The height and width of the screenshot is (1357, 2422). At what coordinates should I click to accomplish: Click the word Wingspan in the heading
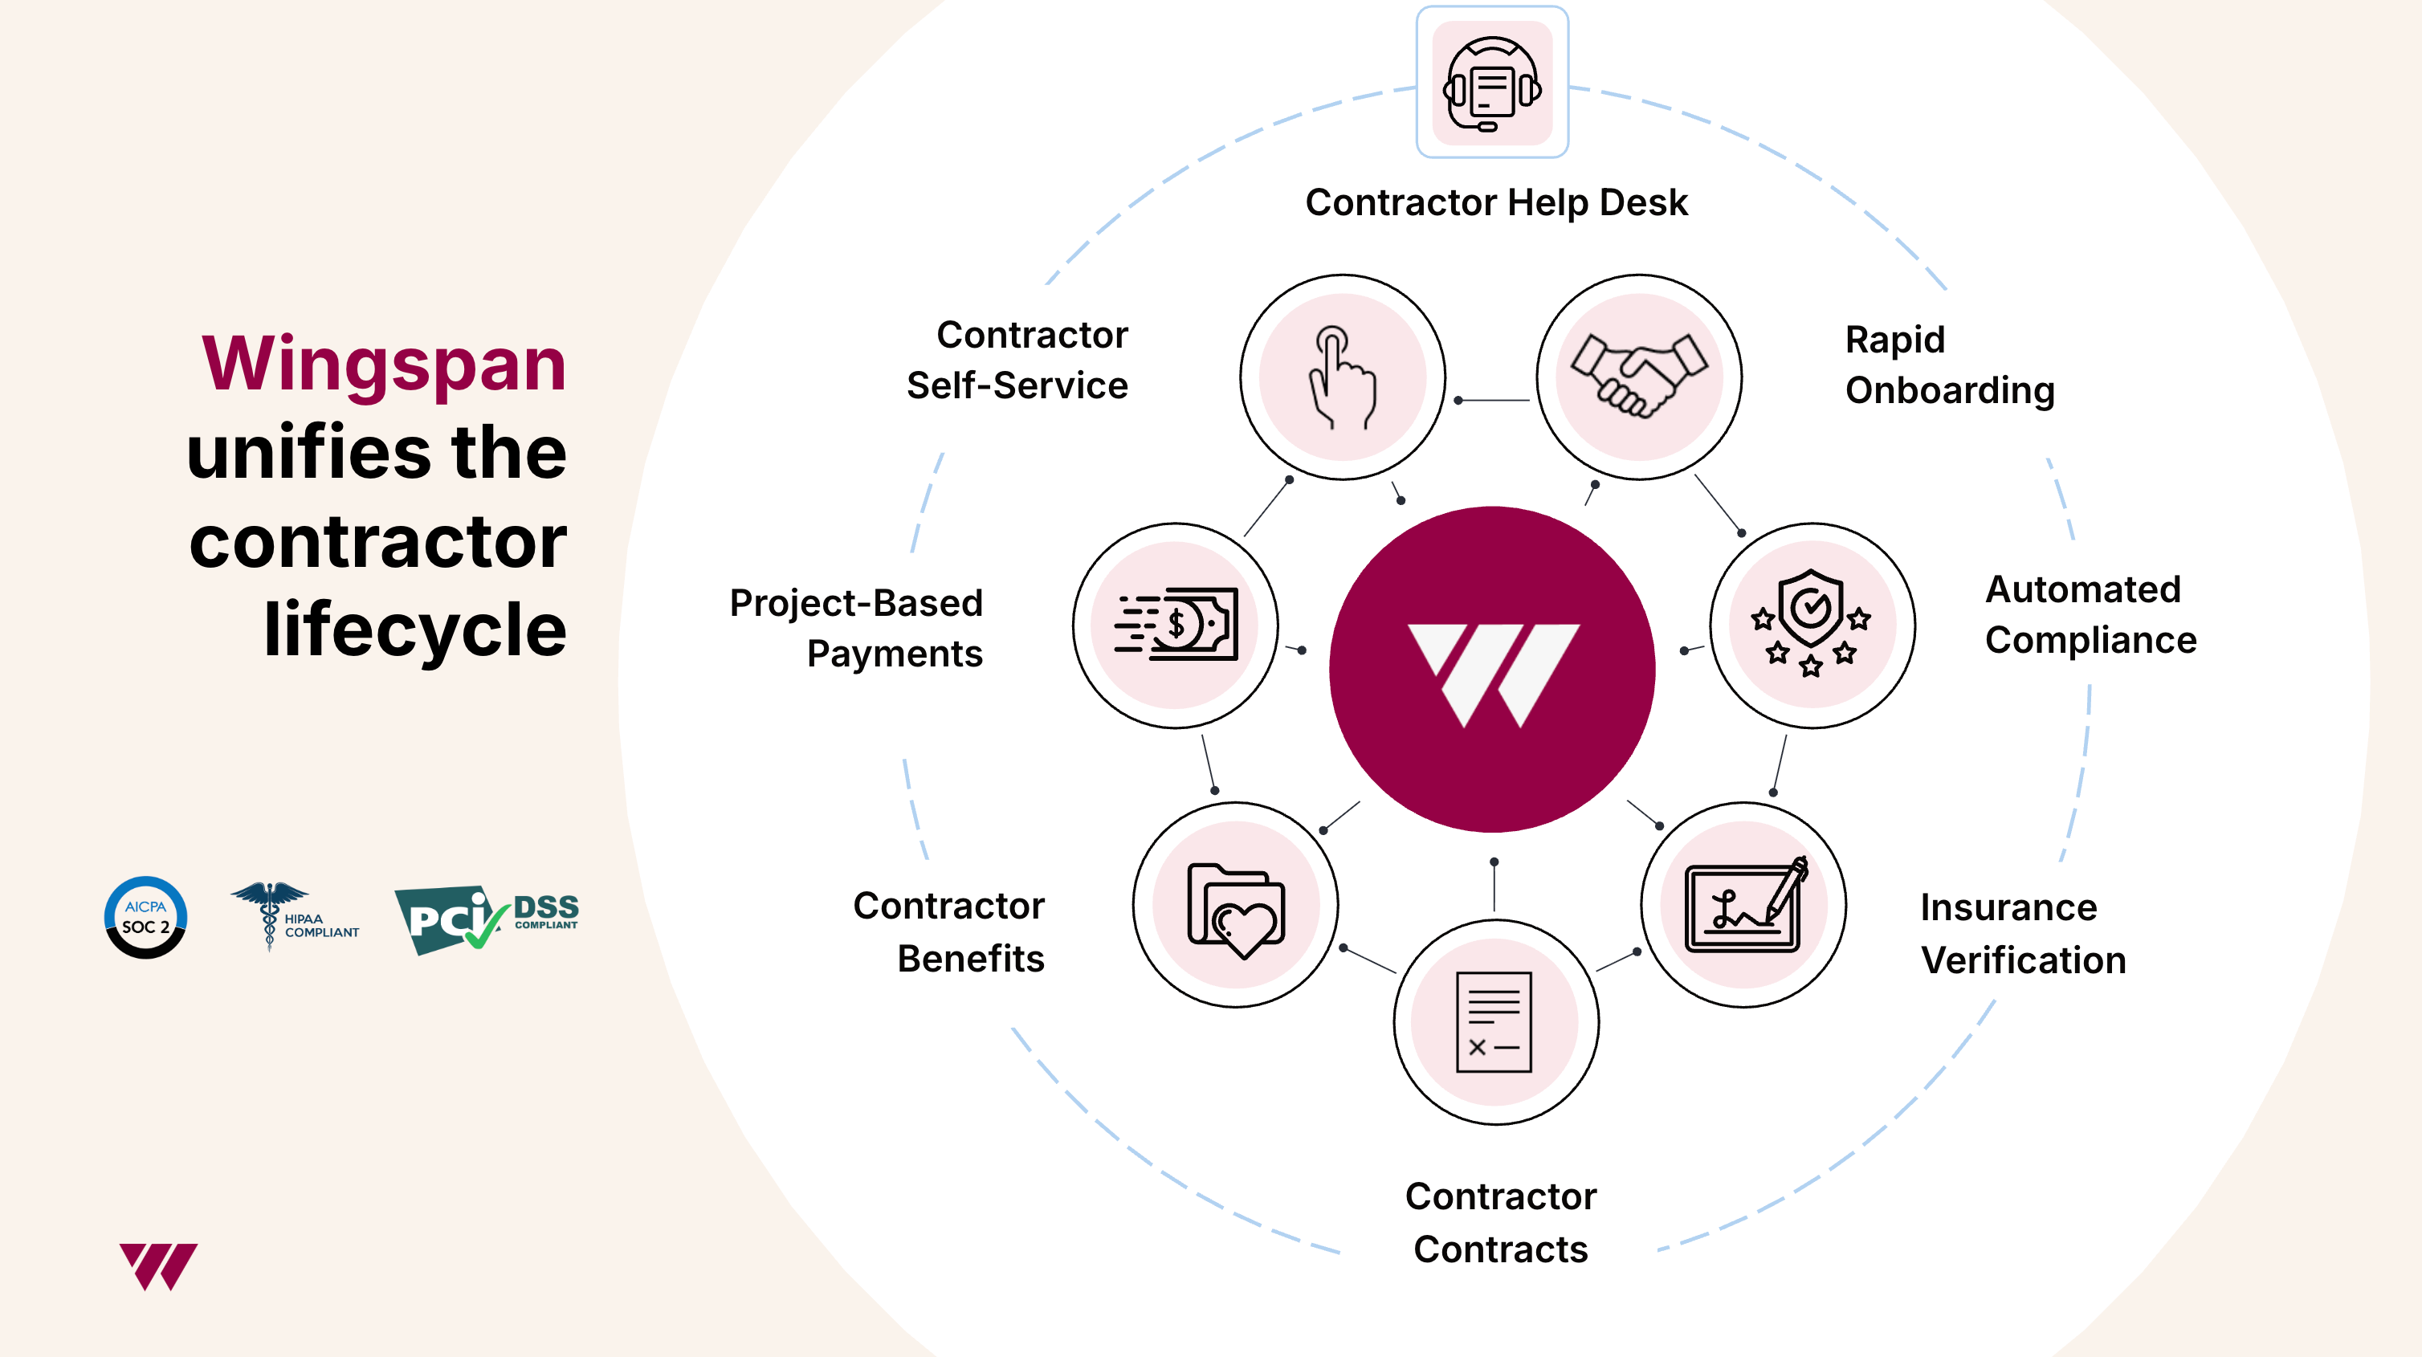(385, 365)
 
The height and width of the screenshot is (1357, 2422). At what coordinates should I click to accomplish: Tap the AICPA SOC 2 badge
(145, 918)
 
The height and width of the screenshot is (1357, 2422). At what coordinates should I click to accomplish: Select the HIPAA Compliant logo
(294, 917)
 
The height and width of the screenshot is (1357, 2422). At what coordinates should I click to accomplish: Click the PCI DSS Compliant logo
(486, 919)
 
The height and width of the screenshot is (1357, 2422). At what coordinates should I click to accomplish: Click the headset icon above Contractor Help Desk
(1492, 84)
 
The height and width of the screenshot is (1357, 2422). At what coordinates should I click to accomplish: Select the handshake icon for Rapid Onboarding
(1639, 375)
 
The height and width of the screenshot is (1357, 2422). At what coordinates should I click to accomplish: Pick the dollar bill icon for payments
(1176, 623)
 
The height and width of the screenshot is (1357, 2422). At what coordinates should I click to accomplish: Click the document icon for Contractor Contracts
(1494, 1022)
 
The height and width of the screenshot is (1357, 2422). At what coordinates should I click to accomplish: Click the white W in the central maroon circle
(1493, 675)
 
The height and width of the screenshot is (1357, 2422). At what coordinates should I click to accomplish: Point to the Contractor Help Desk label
(1497, 202)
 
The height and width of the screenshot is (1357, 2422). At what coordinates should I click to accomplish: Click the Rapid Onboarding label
(1950, 365)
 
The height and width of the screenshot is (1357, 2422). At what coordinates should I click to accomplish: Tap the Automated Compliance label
(2091, 615)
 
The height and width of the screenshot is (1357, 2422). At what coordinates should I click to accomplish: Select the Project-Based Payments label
(857, 628)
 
